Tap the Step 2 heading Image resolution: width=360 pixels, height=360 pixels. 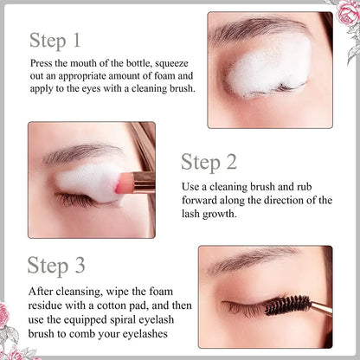click(211, 161)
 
